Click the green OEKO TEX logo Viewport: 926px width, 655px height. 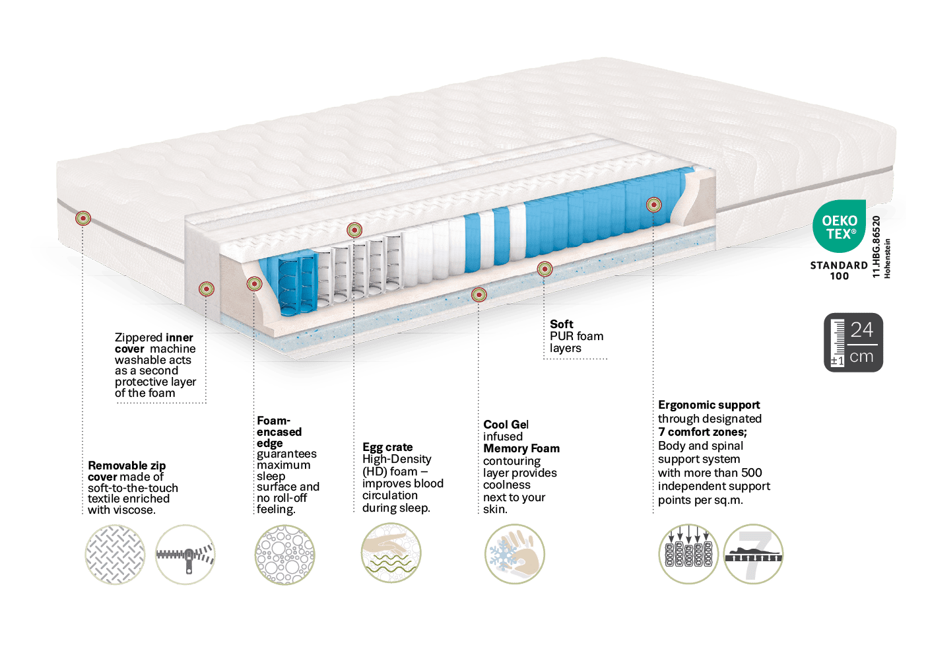[x=839, y=226]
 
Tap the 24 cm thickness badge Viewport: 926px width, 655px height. [x=853, y=343]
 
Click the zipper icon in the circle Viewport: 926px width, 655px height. [x=185, y=555]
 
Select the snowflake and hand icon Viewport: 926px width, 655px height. [x=515, y=554]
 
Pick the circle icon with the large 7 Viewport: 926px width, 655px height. [x=753, y=554]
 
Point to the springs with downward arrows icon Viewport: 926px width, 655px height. [x=688, y=554]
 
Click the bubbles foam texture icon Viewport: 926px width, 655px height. [x=285, y=555]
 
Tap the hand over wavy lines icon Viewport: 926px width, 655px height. [x=391, y=553]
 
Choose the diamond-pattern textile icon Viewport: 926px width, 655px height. [x=115, y=555]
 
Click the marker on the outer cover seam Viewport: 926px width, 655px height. [x=83, y=218]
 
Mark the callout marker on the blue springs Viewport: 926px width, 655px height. [x=653, y=204]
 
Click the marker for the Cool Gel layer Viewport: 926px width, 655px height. [x=479, y=294]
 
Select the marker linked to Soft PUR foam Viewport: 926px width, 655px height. [x=545, y=269]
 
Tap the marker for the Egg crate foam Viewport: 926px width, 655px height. [x=354, y=230]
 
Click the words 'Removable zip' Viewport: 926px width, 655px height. [x=127, y=465]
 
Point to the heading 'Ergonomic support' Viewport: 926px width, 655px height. [x=709, y=405]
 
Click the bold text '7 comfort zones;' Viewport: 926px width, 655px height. [x=702, y=432]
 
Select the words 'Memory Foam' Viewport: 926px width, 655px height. [x=521, y=448]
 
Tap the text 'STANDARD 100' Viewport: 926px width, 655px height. [x=839, y=271]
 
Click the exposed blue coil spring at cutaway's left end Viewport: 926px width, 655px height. [x=297, y=285]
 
